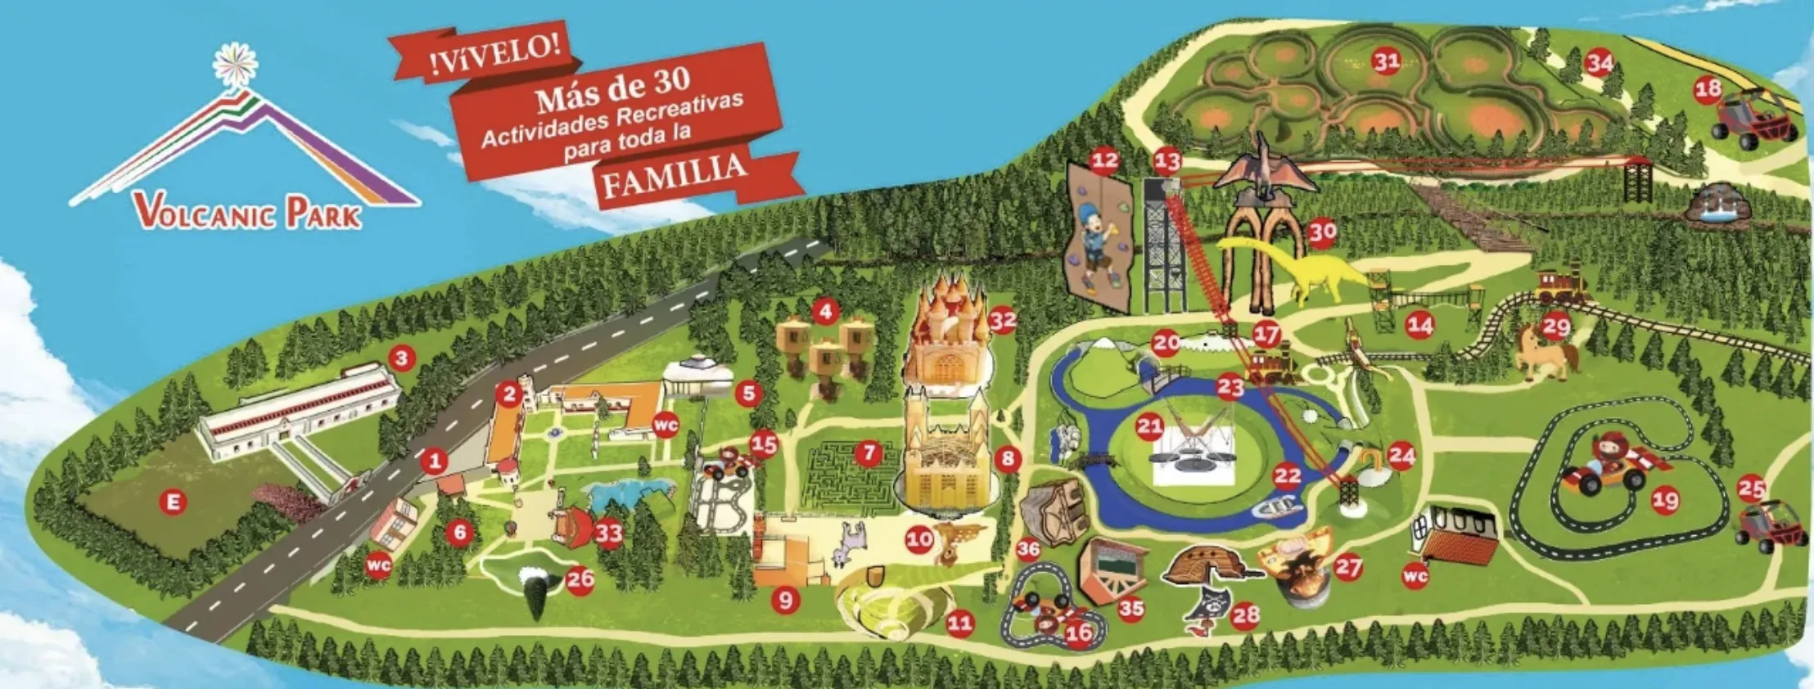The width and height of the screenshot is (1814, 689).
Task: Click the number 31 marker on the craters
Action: pyautogui.click(x=1385, y=61)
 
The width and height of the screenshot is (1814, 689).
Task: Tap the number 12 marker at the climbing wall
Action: pyautogui.click(x=1103, y=160)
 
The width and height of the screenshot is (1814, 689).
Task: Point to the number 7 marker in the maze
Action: pyautogui.click(x=868, y=452)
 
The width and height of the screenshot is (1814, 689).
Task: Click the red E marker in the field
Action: pyautogui.click(x=173, y=502)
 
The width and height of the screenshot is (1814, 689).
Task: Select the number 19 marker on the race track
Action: pyautogui.click(x=1665, y=499)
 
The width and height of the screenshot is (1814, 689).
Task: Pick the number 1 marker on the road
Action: pyautogui.click(x=435, y=461)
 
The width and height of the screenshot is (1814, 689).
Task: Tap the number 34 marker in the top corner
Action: pyautogui.click(x=1600, y=62)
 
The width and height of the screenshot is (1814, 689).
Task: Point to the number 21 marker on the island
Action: pyautogui.click(x=1150, y=426)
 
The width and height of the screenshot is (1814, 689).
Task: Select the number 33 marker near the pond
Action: pyautogui.click(x=608, y=534)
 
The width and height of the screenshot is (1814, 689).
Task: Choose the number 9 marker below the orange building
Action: pyautogui.click(x=785, y=600)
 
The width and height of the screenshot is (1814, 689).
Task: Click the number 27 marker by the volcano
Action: pyautogui.click(x=1347, y=565)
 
